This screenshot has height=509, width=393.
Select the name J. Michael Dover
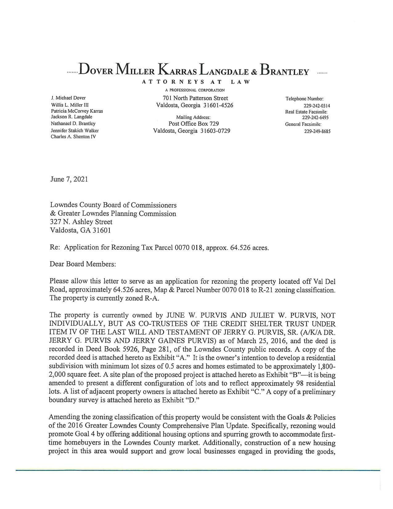point(68,98)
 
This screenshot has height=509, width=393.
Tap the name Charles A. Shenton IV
point(73,137)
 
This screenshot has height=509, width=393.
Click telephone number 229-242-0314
point(317,106)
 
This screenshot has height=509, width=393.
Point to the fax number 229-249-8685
point(317,131)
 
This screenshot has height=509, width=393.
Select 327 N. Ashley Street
point(81,222)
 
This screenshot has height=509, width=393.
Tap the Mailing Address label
point(193,117)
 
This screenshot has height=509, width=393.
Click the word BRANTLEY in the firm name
point(285,71)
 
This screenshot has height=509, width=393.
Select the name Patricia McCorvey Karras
point(77,111)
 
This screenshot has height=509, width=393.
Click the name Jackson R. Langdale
point(72,117)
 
